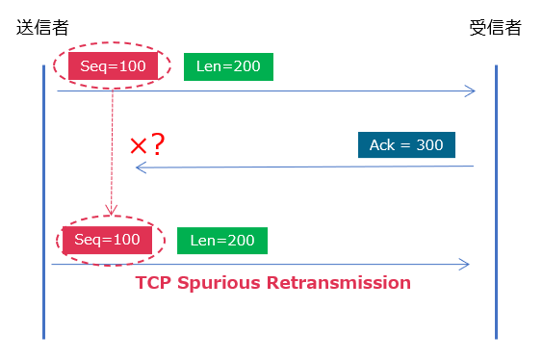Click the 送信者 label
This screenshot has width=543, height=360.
(42, 27)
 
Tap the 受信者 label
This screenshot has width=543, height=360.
(495, 27)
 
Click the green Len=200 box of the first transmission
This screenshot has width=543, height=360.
(228, 65)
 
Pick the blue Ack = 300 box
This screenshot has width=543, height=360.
(406, 145)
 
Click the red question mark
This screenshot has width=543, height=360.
(159, 145)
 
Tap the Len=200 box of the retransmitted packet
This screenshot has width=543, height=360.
(222, 241)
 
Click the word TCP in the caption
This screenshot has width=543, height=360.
(154, 283)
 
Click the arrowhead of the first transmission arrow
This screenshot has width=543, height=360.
(471, 90)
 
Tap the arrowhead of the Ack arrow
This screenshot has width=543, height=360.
(140, 167)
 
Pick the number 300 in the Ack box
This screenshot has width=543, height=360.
(429, 145)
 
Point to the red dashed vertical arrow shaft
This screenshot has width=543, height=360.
(113, 144)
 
